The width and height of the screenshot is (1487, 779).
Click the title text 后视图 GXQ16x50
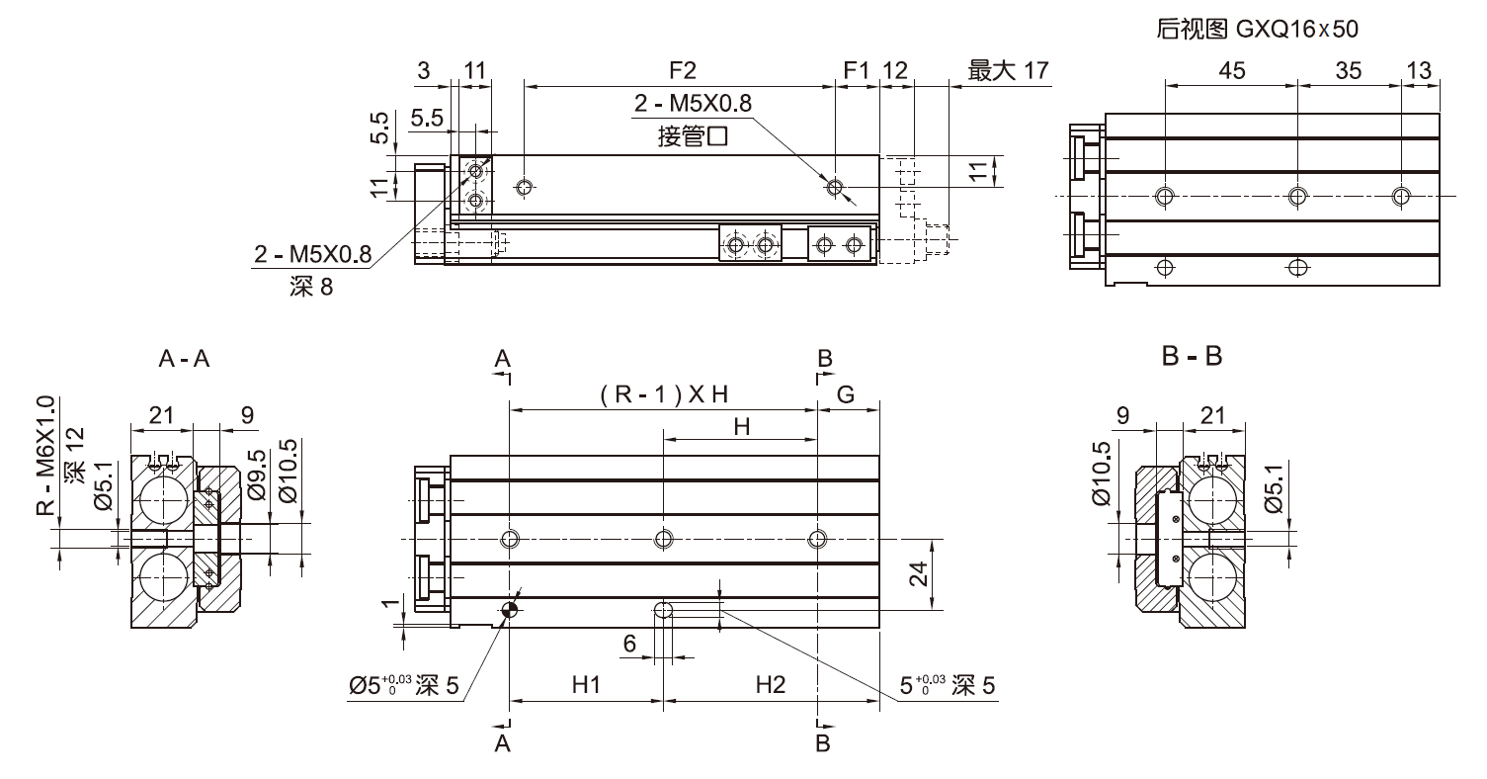coord(1257,30)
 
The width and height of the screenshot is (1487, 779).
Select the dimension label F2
coord(683,70)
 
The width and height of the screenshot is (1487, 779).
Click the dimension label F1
coord(856,70)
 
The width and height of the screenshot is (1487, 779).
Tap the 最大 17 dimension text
coord(1008,70)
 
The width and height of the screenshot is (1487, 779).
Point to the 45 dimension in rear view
coord(1231,70)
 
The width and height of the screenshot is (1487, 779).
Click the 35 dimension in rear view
coord(1349,70)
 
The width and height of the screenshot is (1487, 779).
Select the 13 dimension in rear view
coord(1419,70)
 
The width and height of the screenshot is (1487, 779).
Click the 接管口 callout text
coord(693,136)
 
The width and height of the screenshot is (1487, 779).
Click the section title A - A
coord(184,360)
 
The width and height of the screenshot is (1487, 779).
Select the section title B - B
coord(1192,357)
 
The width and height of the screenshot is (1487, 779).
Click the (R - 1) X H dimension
coord(663,394)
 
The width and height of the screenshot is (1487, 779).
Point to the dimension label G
coord(846,394)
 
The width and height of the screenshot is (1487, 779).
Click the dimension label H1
coord(587,684)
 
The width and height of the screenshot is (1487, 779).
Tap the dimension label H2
coord(770,684)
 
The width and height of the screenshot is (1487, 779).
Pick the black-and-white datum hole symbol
coord(509,611)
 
